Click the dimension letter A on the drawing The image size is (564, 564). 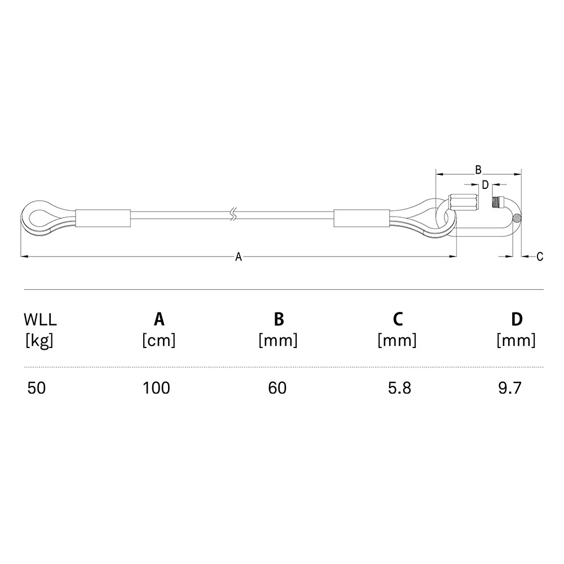[x=238, y=257]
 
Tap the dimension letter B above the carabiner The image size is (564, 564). [x=478, y=170]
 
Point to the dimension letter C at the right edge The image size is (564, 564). [x=540, y=257]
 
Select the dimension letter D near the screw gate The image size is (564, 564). [x=485, y=185]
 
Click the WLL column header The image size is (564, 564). [x=40, y=319]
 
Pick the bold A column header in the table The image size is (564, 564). [x=159, y=319]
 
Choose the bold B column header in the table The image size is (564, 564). [x=279, y=319]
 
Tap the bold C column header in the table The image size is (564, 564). [x=398, y=319]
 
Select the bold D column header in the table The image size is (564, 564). [x=517, y=319]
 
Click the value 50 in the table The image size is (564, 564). [x=37, y=388]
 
